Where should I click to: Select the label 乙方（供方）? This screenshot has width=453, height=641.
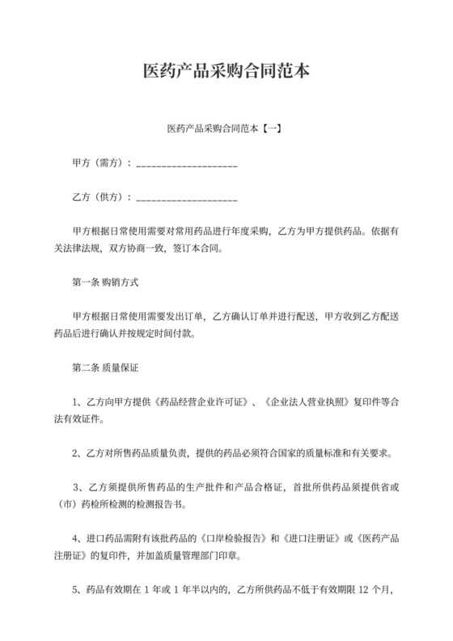pos(101,197)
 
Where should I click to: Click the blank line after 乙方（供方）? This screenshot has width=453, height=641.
pos(187,198)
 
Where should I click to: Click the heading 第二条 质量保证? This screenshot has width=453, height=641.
pos(105,367)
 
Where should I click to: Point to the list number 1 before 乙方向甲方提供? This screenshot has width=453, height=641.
pos(75,402)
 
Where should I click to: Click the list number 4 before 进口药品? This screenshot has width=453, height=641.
pos(75,539)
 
